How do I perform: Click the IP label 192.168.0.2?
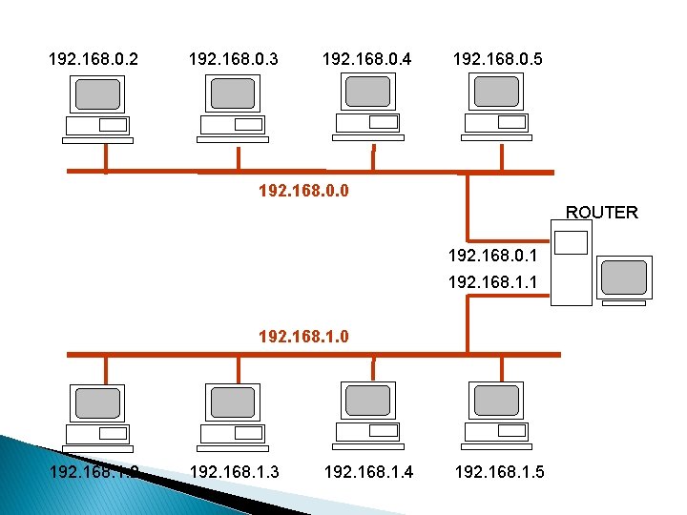coord(93,60)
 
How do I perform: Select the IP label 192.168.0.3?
coord(234,60)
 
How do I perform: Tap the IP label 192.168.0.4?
coord(367,60)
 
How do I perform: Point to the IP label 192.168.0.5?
coord(498,60)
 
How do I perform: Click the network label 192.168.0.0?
coord(303,191)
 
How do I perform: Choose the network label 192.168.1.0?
coord(303,336)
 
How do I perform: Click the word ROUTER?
coord(602,212)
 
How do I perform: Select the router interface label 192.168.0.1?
coord(492,256)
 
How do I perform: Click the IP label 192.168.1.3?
coord(235,471)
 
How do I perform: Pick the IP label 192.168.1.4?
coord(368,471)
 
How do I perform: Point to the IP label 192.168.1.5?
coord(499,471)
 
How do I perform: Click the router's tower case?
coord(572,261)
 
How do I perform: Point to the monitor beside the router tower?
coord(624,278)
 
